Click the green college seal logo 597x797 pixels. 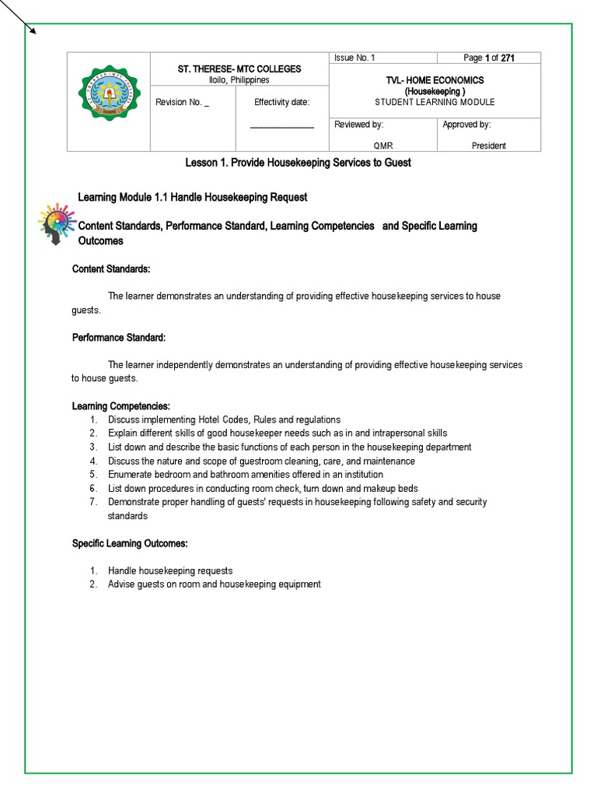(108, 101)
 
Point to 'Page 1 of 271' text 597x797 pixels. (489, 58)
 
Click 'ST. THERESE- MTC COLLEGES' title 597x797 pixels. (239, 69)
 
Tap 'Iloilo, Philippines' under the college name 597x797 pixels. (239, 79)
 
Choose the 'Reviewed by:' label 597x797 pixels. (358, 125)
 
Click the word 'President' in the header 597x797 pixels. (488, 146)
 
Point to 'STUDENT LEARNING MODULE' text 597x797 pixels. (435, 102)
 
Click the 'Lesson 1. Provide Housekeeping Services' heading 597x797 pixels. (298, 163)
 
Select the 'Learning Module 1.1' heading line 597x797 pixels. (193, 197)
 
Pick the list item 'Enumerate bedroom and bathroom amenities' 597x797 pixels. (245, 474)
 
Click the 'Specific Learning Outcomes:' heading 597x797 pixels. (130, 542)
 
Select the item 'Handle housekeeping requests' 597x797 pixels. (170, 571)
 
